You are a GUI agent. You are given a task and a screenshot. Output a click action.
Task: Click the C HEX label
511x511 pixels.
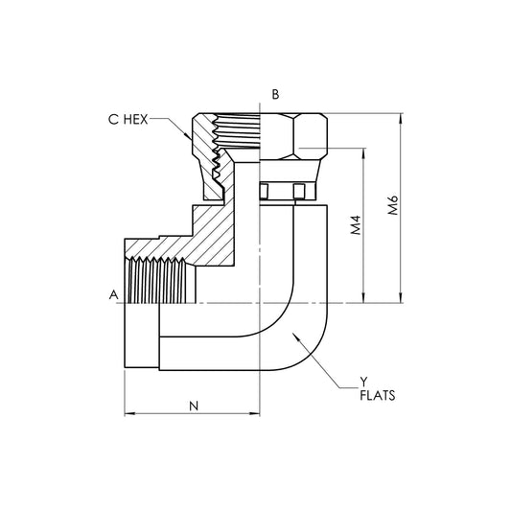(129, 120)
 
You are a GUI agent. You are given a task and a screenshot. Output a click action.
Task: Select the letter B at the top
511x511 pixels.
(275, 94)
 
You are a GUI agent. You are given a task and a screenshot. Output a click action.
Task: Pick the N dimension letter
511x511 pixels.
(193, 406)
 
